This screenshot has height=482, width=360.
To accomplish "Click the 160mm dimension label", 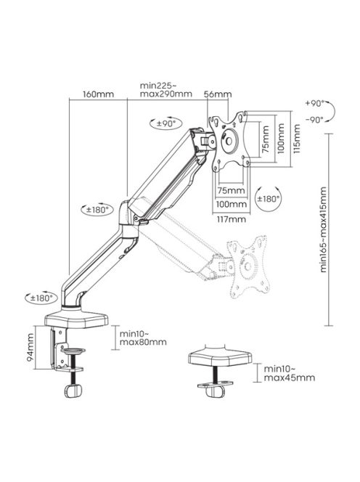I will coord(98,94).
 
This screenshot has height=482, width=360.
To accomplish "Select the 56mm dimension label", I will coord(218,94).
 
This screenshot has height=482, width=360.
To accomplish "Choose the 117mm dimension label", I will coord(231,217).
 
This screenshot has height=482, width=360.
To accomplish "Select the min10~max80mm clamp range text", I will coord(142,336).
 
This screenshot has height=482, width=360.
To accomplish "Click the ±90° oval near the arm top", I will coord(168,123).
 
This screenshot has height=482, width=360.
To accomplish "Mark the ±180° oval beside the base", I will coord(40,298).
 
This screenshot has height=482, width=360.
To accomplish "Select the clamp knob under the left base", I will coord(73,391).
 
